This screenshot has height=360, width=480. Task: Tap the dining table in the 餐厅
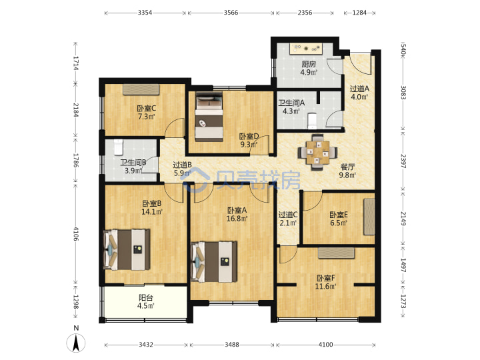click(318, 152)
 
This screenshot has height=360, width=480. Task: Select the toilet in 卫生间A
click(312, 120)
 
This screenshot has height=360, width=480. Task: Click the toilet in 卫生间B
click(119, 147)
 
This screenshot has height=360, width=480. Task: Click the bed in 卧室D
click(209, 117)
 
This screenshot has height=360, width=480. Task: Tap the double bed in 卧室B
click(127, 249)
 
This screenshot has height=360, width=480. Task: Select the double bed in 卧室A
click(214, 261)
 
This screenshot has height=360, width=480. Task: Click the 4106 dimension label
click(75, 233)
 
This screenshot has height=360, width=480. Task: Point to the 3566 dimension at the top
click(231, 13)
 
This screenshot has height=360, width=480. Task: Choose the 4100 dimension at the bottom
click(325, 345)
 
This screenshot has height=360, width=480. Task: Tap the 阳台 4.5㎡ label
click(146, 301)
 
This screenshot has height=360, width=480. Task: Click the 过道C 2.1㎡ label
click(288, 219)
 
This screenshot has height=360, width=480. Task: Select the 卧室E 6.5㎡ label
click(339, 219)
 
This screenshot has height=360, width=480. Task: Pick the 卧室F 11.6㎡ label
click(326, 282)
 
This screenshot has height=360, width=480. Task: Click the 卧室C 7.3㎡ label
click(146, 113)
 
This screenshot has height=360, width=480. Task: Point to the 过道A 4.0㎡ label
click(359, 93)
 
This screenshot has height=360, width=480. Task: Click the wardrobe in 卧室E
click(369, 217)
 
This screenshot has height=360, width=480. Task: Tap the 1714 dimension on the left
click(75, 63)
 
